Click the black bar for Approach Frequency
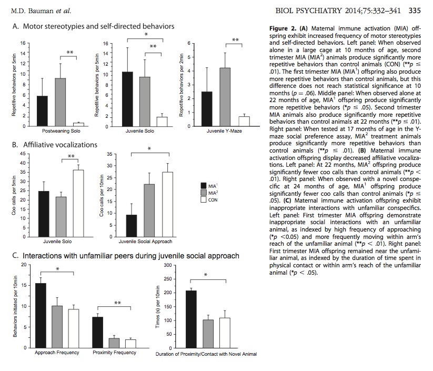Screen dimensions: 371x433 [x=41, y=313]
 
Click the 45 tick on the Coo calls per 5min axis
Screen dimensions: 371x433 [x=22, y=154]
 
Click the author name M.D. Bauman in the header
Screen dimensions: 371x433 [x=33, y=10]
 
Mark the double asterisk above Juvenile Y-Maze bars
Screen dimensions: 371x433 [x=235, y=40]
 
